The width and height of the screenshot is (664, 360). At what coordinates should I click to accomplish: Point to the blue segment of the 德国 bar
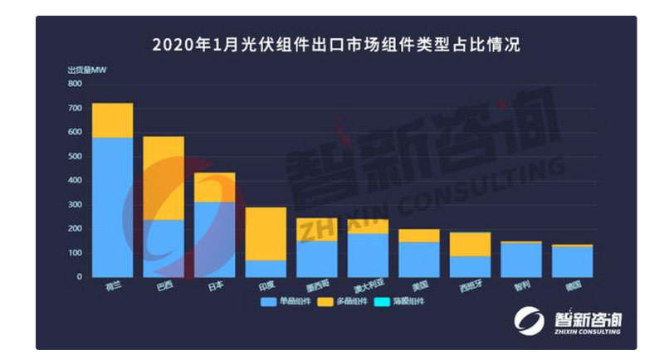[x=572, y=261]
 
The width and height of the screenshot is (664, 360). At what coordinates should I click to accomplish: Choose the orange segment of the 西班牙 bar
[x=470, y=244]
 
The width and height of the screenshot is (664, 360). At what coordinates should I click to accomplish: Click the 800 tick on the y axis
[x=75, y=84]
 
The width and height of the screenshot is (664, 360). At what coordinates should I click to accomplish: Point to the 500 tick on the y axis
[x=75, y=156]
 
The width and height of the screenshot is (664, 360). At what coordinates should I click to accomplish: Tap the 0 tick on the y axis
[x=79, y=276]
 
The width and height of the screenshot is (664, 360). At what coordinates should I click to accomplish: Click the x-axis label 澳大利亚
[x=368, y=285]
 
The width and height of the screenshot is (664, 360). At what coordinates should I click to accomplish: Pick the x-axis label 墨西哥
[x=316, y=285]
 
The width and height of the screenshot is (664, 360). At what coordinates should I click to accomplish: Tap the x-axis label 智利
[x=521, y=285]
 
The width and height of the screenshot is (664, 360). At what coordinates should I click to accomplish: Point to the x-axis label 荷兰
[x=112, y=285]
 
